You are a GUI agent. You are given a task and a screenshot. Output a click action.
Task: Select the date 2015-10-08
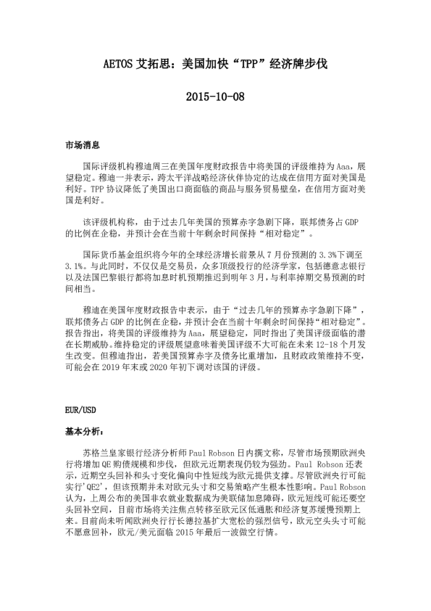[215, 96]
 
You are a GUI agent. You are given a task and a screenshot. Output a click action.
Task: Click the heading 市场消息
[81, 146]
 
